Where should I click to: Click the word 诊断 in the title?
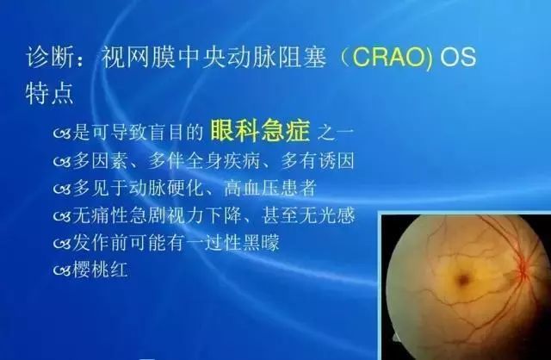point(44,58)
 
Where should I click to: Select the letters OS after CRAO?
point(456,58)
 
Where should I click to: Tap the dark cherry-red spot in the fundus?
point(464,278)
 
